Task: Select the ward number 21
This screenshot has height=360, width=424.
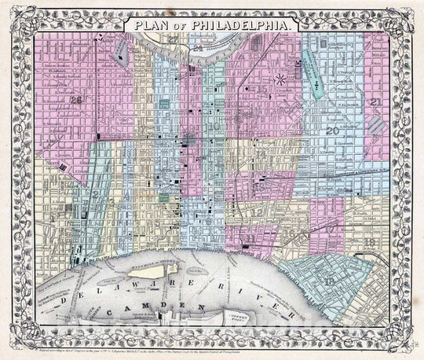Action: (377, 102)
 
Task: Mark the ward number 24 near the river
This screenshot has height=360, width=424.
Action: (199, 49)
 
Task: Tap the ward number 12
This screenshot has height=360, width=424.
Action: (256, 212)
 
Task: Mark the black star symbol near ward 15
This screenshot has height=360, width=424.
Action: (279, 79)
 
